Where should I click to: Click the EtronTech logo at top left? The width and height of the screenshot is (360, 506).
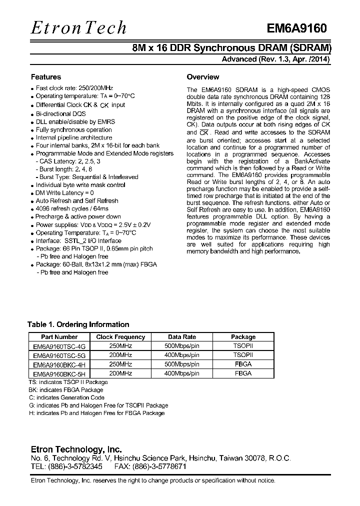coord(79,28)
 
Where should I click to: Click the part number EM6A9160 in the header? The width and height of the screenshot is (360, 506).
coord(296,29)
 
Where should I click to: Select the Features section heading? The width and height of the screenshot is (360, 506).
coord(46,77)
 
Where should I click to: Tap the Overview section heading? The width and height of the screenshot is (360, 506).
coord(202,77)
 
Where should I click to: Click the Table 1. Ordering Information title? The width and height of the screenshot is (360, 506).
coord(78,324)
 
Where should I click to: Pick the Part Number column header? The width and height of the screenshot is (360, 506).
coord(59,337)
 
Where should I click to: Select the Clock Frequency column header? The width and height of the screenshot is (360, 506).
coord(120,337)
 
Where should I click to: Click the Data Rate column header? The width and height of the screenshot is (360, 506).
coord(181,337)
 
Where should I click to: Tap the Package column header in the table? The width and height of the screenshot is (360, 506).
coord(243,337)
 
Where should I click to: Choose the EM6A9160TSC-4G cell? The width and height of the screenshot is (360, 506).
coord(59,346)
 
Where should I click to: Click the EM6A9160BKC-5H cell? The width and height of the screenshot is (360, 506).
coord(59,373)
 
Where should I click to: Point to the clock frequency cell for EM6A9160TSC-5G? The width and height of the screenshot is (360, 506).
coord(120,355)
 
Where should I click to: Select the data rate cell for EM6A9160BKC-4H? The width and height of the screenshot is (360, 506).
coord(181,364)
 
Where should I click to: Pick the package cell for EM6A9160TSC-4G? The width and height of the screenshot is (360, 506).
coord(243,346)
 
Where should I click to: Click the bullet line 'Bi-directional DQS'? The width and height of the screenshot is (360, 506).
coord(60,113)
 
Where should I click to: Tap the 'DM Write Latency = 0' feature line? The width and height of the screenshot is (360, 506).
coord(64,192)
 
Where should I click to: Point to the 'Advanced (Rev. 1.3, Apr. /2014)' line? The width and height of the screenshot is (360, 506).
coord(275,59)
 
